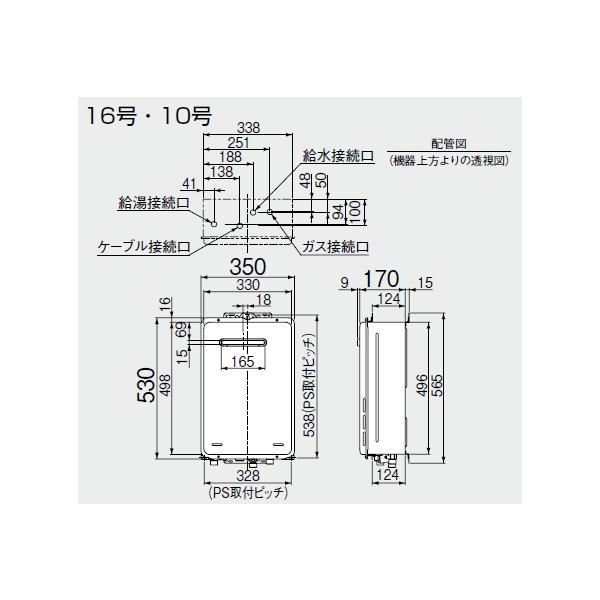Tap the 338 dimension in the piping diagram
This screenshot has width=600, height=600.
tap(248, 128)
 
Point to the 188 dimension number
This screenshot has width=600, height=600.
tap(229, 157)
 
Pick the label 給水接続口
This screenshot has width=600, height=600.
tap(339, 157)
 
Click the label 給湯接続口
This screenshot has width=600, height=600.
tap(152, 202)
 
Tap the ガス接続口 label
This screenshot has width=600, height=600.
tap(335, 245)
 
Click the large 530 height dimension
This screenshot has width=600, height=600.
tap(145, 386)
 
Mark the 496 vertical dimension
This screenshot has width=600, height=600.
tap(422, 386)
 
